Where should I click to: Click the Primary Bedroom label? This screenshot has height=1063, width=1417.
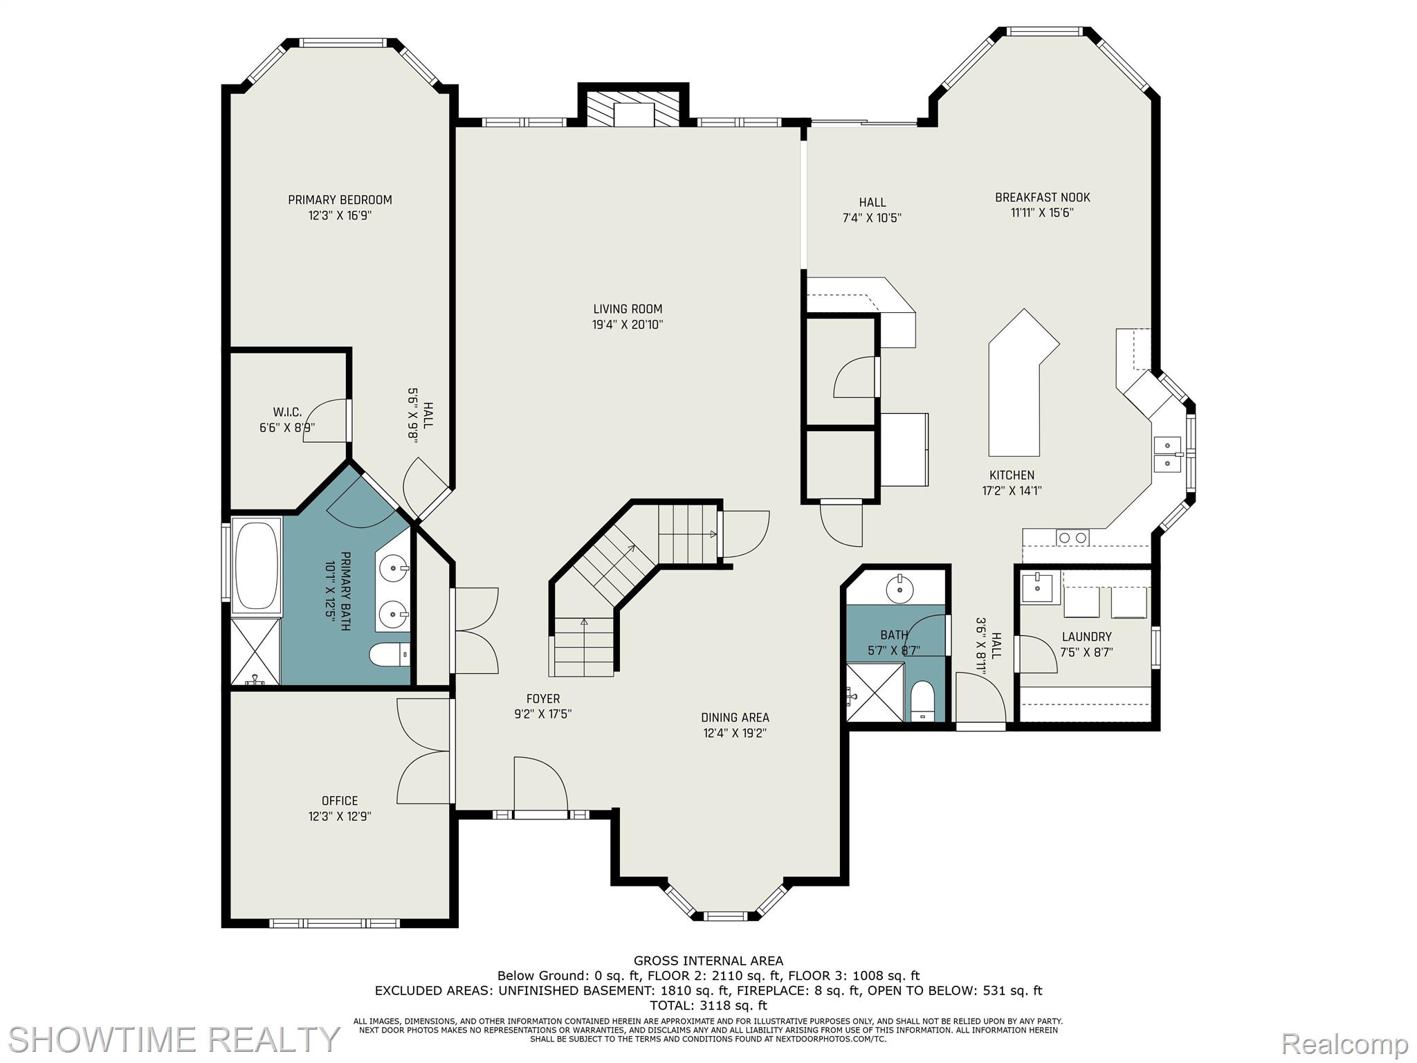click(340, 200)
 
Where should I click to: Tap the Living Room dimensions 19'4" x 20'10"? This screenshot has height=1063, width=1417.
click(628, 325)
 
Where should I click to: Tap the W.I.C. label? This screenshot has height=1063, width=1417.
click(287, 412)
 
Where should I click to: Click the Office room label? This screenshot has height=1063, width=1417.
click(340, 801)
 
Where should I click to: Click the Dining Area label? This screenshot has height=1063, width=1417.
click(735, 718)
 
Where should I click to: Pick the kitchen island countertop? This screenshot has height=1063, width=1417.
click(1015, 394)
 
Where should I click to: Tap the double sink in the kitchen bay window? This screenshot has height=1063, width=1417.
click(1167, 454)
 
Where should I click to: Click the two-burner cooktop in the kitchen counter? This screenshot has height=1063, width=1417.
click(1072, 538)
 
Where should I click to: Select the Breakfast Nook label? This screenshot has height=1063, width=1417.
click(1042, 197)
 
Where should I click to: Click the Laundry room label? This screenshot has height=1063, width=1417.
click(1086, 637)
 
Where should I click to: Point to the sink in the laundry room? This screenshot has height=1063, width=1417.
click(1037, 588)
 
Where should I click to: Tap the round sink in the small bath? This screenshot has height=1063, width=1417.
click(900, 589)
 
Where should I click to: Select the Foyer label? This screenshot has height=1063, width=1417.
click(543, 699)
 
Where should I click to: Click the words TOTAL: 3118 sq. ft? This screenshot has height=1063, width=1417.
click(708, 1006)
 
